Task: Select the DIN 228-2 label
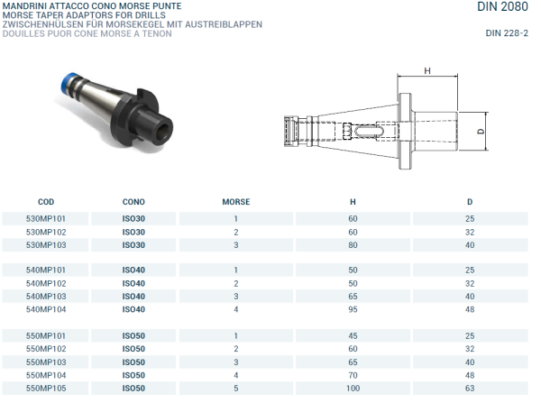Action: [507, 33]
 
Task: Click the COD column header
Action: [46, 202]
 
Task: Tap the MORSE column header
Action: [235, 202]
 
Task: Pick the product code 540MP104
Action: [46, 309]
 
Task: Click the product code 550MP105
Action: [46, 388]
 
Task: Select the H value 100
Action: [353, 388]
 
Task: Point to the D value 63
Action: [470, 388]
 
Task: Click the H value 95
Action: [353, 309]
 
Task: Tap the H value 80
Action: [353, 245]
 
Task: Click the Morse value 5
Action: [235, 388]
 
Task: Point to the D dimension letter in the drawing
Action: [481, 132]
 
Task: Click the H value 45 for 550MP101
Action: [353, 335]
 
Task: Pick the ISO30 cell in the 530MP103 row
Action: [133, 245]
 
